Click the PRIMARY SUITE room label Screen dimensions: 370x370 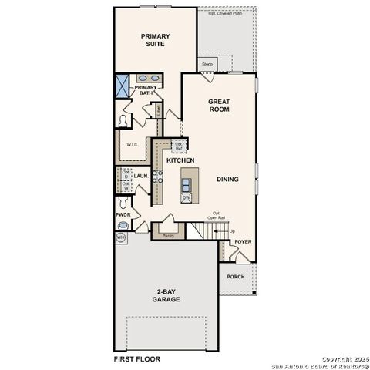[x=155, y=39]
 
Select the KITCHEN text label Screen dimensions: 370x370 [x=180, y=160]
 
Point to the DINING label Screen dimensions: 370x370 [x=227, y=180]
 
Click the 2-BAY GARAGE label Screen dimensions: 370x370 [x=166, y=295]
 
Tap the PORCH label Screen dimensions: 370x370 [x=235, y=276]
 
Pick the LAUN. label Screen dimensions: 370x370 [x=141, y=177]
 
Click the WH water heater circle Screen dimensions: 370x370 [x=121, y=238]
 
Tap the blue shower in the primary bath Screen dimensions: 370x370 [x=123, y=85]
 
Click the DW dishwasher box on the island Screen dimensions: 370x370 [x=187, y=197]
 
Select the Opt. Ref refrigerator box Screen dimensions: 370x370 [x=179, y=145]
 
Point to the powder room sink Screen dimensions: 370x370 [x=123, y=224]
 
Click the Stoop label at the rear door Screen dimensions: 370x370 [x=207, y=65]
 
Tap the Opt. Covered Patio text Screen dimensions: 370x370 [x=225, y=13]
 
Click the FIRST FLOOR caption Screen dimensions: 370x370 [x=139, y=358]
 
